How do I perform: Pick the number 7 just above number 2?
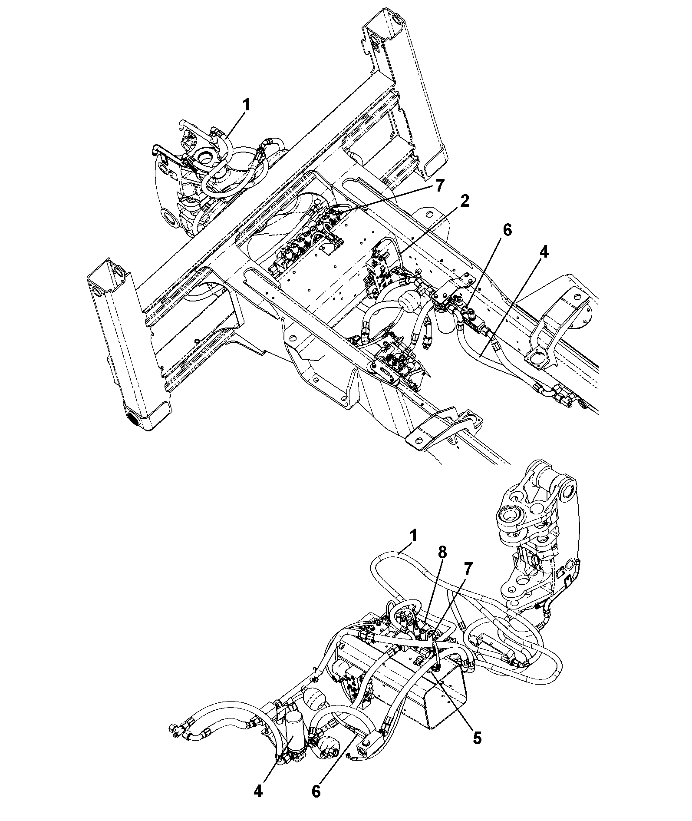pos(439,185)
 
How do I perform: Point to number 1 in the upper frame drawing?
pos(247,105)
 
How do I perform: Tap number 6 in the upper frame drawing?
pos(506,230)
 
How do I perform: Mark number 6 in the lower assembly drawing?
pos(316,791)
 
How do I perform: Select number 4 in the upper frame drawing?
pos(544,252)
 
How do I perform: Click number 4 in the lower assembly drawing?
pos(258,791)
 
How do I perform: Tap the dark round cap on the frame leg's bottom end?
pos(134,420)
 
